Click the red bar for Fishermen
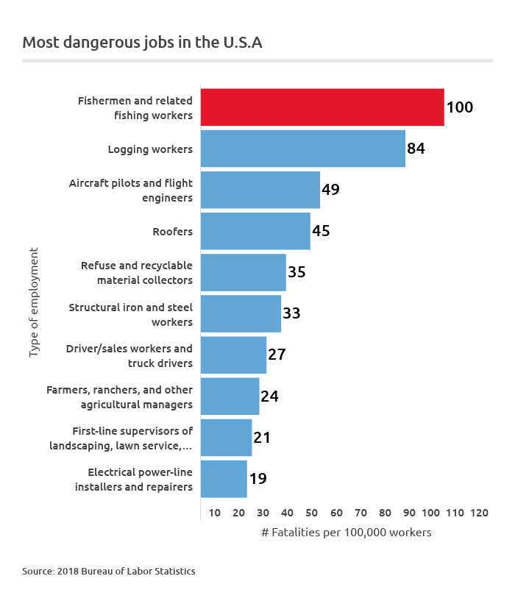click(322, 107)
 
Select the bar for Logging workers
click(302, 149)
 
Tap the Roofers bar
click(255, 231)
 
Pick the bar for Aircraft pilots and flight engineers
click(260, 190)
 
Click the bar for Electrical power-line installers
click(224, 479)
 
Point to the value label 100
click(460, 107)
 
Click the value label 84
click(416, 149)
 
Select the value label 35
click(296, 272)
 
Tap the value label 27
click(277, 355)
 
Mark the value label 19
click(257, 479)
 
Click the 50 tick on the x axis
click(312, 513)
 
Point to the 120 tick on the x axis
click(479, 513)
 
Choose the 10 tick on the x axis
click(215, 513)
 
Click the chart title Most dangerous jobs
click(142, 43)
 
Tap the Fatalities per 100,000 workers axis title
click(346, 532)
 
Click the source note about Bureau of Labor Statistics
click(109, 571)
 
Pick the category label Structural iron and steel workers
click(131, 314)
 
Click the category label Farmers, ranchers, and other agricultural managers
click(120, 396)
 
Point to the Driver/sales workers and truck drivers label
click(129, 355)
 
